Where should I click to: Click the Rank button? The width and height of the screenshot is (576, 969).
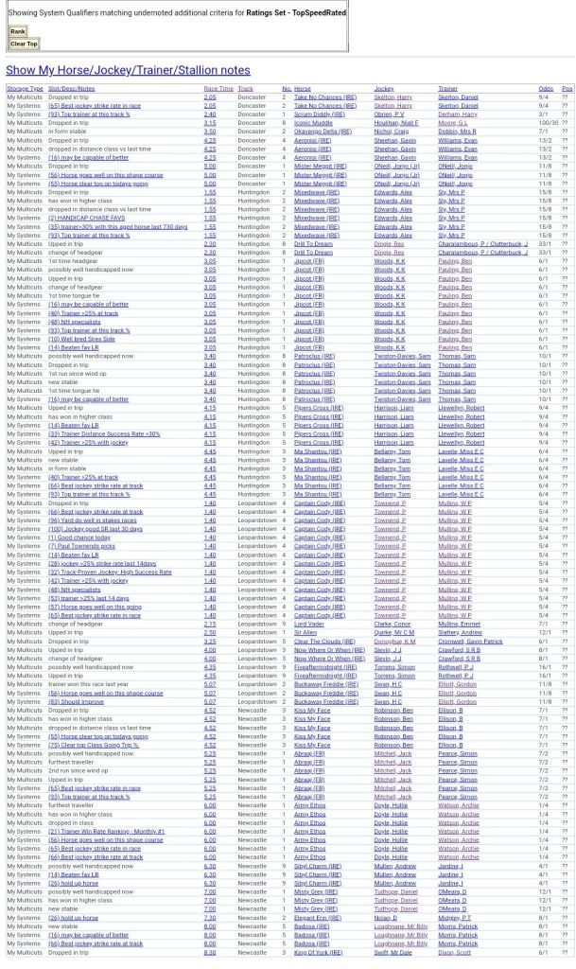click(17, 31)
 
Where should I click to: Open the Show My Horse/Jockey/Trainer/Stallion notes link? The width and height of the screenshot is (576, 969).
click(128, 70)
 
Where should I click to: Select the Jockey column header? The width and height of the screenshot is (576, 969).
click(383, 88)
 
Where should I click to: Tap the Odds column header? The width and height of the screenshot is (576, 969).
click(546, 88)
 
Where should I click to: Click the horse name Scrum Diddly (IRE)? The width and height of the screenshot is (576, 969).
click(319, 114)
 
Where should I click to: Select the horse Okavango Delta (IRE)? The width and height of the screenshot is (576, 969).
click(323, 131)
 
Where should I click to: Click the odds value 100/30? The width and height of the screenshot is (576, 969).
click(548, 122)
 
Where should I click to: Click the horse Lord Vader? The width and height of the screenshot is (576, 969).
click(309, 624)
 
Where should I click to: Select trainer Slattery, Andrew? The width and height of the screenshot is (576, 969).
click(461, 632)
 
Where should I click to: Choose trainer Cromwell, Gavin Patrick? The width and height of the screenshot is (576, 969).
click(470, 641)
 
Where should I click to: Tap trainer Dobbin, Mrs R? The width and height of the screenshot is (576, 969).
click(457, 131)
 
